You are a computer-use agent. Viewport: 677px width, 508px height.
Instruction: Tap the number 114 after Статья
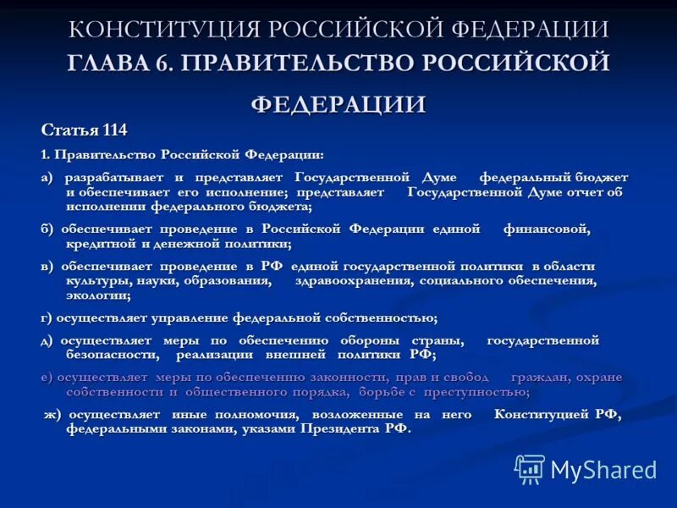click(x=114, y=130)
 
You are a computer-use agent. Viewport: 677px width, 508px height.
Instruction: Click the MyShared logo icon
click(x=530, y=469)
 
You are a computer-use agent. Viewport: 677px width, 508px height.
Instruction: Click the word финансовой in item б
click(x=546, y=229)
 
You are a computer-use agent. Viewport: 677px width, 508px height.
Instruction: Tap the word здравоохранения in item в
click(x=351, y=281)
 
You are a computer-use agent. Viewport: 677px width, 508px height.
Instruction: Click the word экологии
click(x=98, y=295)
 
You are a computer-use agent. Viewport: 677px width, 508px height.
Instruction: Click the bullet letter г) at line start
click(x=47, y=317)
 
